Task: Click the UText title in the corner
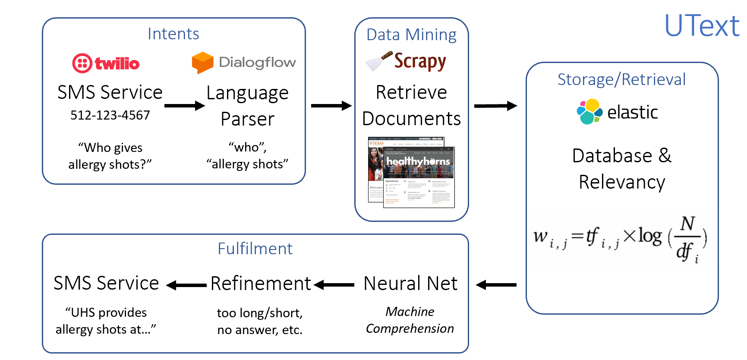(702, 26)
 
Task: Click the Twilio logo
(106, 63)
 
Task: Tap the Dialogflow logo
(244, 63)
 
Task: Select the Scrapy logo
(406, 61)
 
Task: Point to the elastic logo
(617, 112)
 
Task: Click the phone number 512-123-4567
(110, 115)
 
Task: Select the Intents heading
(173, 34)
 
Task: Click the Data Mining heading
(411, 35)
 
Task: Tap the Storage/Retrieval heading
(621, 79)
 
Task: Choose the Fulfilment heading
(255, 249)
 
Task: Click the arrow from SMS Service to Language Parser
(184, 106)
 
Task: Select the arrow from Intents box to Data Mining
(331, 106)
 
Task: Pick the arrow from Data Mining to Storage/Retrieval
(495, 106)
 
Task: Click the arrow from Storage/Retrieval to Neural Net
(496, 285)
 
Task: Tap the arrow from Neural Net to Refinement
(334, 285)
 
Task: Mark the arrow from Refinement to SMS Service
(186, 285)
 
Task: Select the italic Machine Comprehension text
(410, 320)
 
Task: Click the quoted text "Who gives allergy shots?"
(110, 156)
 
